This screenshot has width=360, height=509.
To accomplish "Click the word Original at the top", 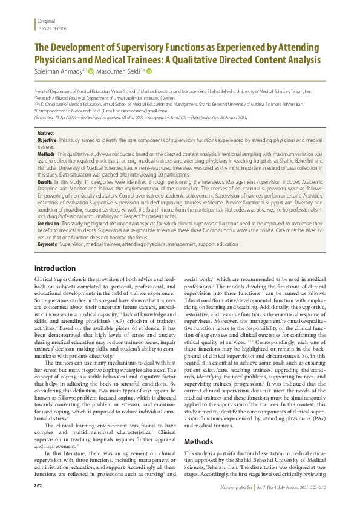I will coord(46,21).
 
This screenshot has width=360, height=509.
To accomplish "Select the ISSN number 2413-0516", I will coord(52,28).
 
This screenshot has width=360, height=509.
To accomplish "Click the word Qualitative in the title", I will coord(206,61).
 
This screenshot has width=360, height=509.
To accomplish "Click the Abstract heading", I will coord(45,132).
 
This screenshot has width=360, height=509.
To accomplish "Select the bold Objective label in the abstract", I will coord(47,140).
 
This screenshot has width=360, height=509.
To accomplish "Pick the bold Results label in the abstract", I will coord(45,181).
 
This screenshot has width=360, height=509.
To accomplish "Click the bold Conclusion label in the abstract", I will coord(48,222).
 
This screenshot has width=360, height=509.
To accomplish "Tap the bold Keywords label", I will coord(47,244).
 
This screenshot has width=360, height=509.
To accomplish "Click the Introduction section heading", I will coord(55,268).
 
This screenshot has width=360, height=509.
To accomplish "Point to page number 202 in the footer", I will coord(38,503).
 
